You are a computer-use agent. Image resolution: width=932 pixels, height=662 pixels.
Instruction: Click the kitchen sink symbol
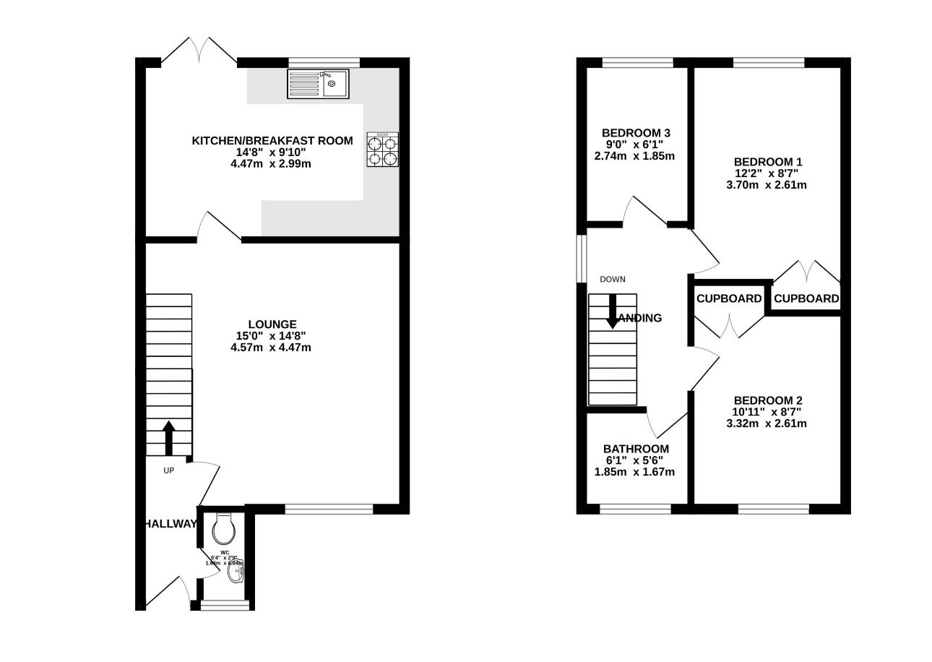point(318,83)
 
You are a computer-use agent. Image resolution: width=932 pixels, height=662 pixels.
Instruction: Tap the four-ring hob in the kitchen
point(382,150)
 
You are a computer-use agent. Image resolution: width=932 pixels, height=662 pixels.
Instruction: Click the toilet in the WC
point(224,530)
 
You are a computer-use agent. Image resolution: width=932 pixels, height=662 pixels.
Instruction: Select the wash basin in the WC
point(236,573)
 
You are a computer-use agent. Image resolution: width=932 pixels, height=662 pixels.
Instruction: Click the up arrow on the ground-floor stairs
point(168,437)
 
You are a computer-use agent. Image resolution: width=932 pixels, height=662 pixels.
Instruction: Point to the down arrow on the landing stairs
point(612,311)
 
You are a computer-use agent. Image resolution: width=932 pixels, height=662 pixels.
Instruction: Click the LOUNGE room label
point(272,324)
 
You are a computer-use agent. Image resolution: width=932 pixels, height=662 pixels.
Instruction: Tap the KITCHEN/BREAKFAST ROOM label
point(272,141)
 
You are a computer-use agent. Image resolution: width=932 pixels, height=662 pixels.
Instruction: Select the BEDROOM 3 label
point(636,133)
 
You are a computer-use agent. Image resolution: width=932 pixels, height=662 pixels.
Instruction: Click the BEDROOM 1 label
point(767,162)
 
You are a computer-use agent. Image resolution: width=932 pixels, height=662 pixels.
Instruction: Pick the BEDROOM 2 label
point(767,400)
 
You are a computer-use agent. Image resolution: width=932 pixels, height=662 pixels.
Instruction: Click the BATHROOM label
point(636,449)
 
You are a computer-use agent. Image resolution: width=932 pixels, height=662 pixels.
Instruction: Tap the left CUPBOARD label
point(729,298)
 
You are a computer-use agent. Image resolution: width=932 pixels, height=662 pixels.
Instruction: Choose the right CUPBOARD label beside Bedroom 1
point(806,298)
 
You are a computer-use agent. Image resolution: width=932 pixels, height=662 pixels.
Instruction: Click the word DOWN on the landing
point(613,280)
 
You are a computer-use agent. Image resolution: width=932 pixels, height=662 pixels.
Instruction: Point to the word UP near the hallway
point(169,470)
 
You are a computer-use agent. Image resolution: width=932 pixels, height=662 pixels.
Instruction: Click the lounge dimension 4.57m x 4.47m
point(272,348)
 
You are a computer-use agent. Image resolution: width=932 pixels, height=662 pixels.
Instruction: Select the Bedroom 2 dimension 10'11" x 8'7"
point(767,412)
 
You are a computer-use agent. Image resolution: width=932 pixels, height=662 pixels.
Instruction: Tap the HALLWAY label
point(169,524)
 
